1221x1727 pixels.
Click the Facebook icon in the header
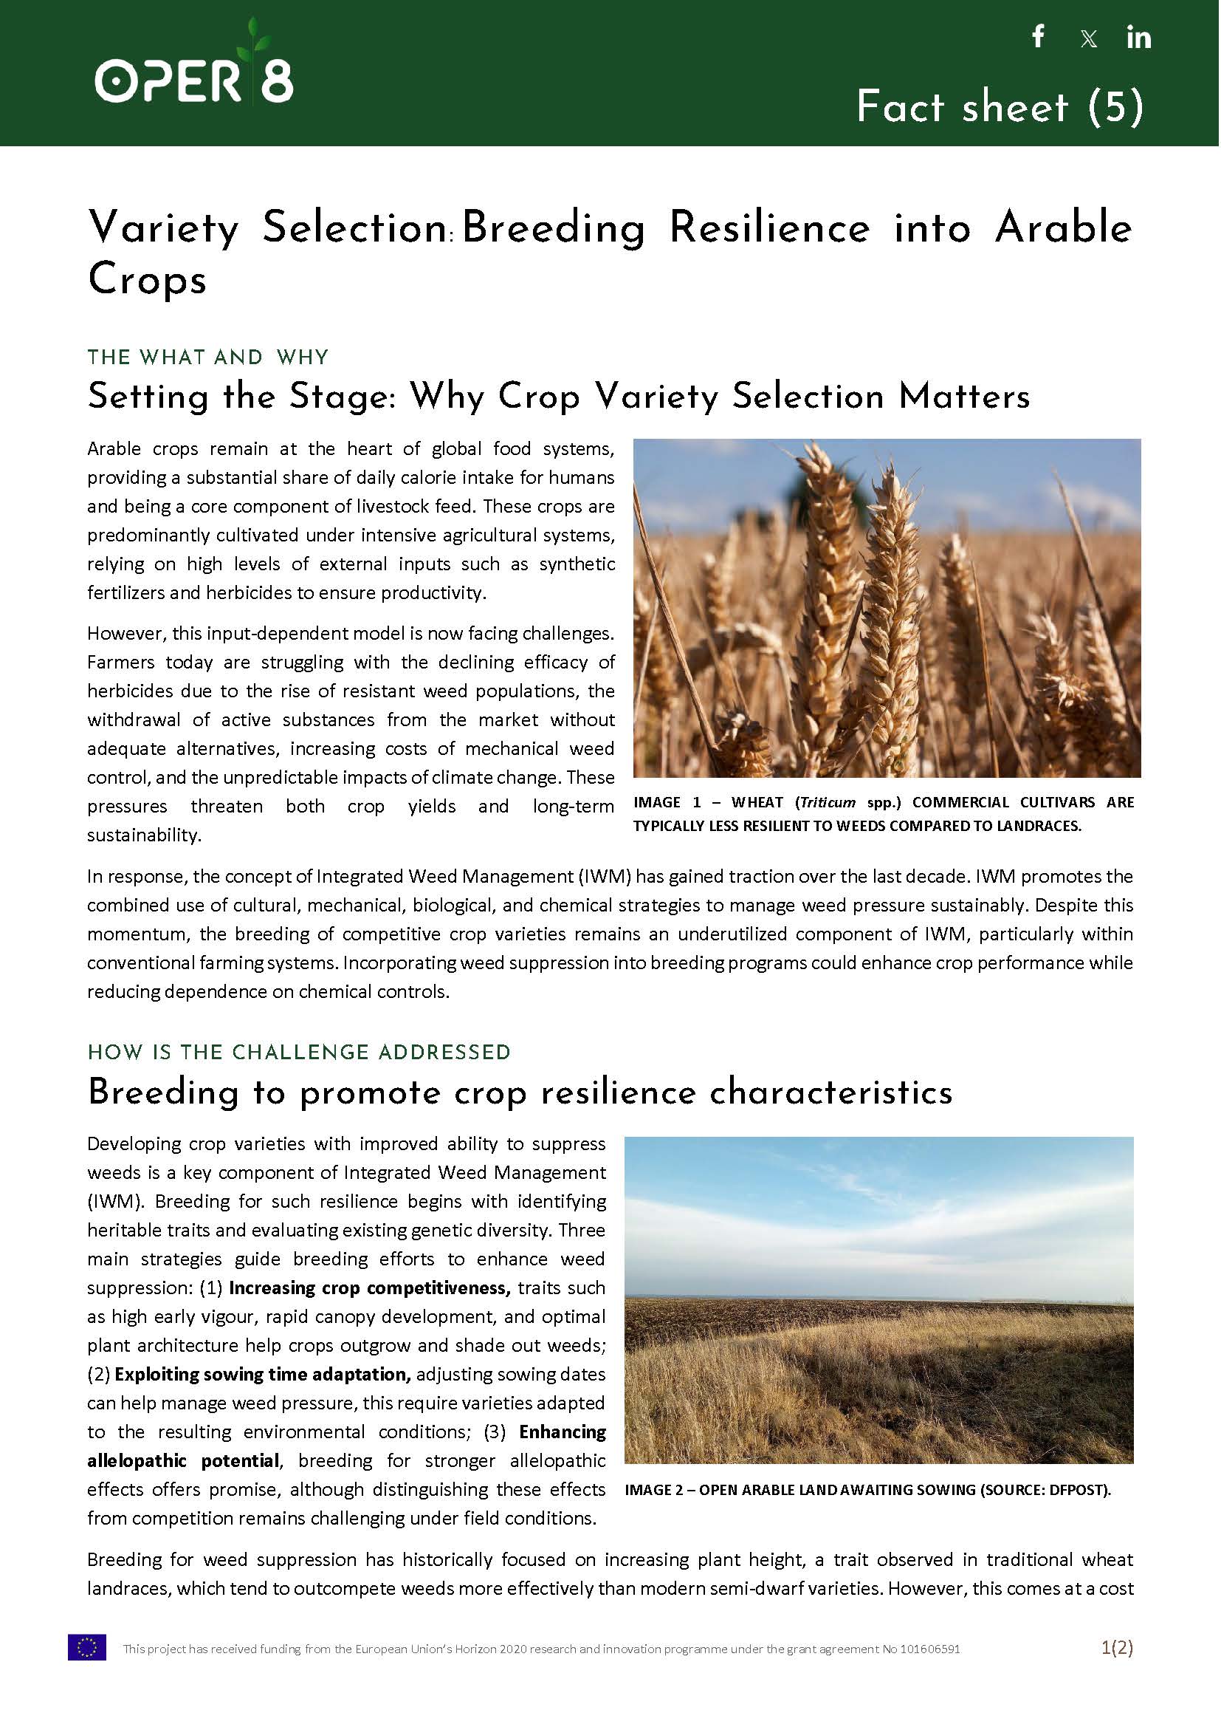pos(1039,36)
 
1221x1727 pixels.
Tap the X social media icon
pos(1088,39)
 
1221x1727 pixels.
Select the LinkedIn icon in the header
pos(1138,37)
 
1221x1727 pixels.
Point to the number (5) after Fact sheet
pos(1115,106)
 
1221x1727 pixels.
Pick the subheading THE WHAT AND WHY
pos(207,357)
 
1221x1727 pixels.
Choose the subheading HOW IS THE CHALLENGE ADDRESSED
pos(298,1053)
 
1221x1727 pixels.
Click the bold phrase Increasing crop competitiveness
pos(369,1287)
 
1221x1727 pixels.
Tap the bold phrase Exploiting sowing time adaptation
pos(262,1374)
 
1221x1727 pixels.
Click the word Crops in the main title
pos(148,281)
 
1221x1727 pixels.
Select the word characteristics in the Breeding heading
pos(830,1093)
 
